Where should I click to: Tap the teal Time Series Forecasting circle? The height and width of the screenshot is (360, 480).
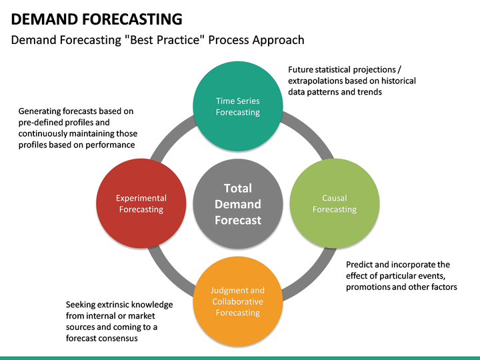click(237, 107)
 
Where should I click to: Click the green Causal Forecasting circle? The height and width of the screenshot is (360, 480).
click(334, 203)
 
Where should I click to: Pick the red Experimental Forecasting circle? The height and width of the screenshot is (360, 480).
click(141, 203)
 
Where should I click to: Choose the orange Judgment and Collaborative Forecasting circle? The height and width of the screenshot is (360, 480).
click(237, 301)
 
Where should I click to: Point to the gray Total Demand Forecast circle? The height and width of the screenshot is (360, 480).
click(237, 203)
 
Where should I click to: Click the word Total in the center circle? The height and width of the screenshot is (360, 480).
click(237, 188)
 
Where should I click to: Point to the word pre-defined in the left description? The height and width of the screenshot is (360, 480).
click(41, 123)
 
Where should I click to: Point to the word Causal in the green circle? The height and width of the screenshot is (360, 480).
click(334, 198)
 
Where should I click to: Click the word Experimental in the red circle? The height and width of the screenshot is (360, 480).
click(141, 198)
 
